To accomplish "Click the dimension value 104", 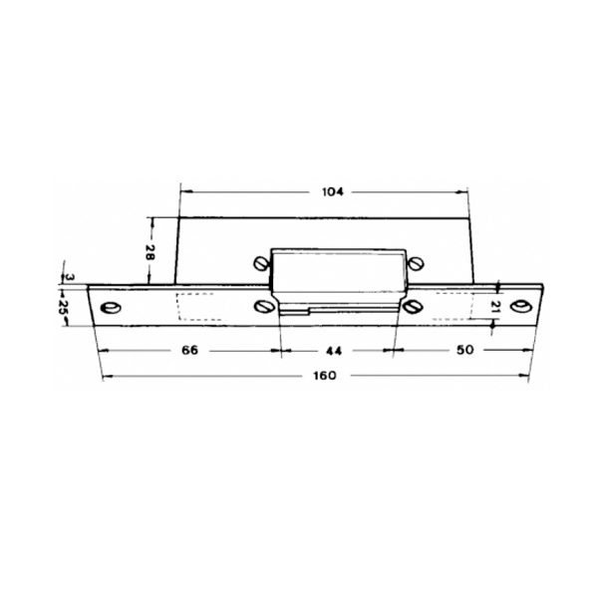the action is (x=333, y=191).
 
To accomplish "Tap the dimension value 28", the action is (x=149, y=252).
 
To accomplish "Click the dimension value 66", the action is (x=190, y=350).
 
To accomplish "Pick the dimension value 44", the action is (x=334, y=351).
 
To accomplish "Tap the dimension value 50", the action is (x=464, y=350).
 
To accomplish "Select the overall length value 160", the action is (x=325, y=376).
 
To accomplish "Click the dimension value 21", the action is (x=494, y=307).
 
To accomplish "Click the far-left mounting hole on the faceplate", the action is (x=110, y=308).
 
